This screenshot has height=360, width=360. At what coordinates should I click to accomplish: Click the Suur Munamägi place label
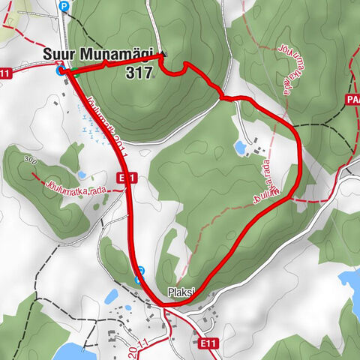[x=97, y=55]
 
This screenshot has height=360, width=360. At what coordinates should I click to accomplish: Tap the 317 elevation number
[x=140, y=72]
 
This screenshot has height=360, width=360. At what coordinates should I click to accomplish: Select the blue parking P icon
[x=64, y=6]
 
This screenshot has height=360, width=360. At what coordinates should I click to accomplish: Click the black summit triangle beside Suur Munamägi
[x=160, y=54]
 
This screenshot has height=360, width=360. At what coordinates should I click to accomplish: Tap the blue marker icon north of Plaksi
[x=139, y=278]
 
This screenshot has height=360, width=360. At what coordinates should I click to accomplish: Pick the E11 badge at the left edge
[x=6, y=73]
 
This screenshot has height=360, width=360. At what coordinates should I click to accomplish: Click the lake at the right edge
[x=350, y=282]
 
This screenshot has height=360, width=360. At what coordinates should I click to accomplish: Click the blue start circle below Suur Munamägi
[x=60, y=72]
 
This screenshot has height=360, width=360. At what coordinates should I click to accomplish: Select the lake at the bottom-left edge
[x=75, y=352]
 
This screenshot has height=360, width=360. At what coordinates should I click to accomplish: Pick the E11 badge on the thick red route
[x=127, y=178]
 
